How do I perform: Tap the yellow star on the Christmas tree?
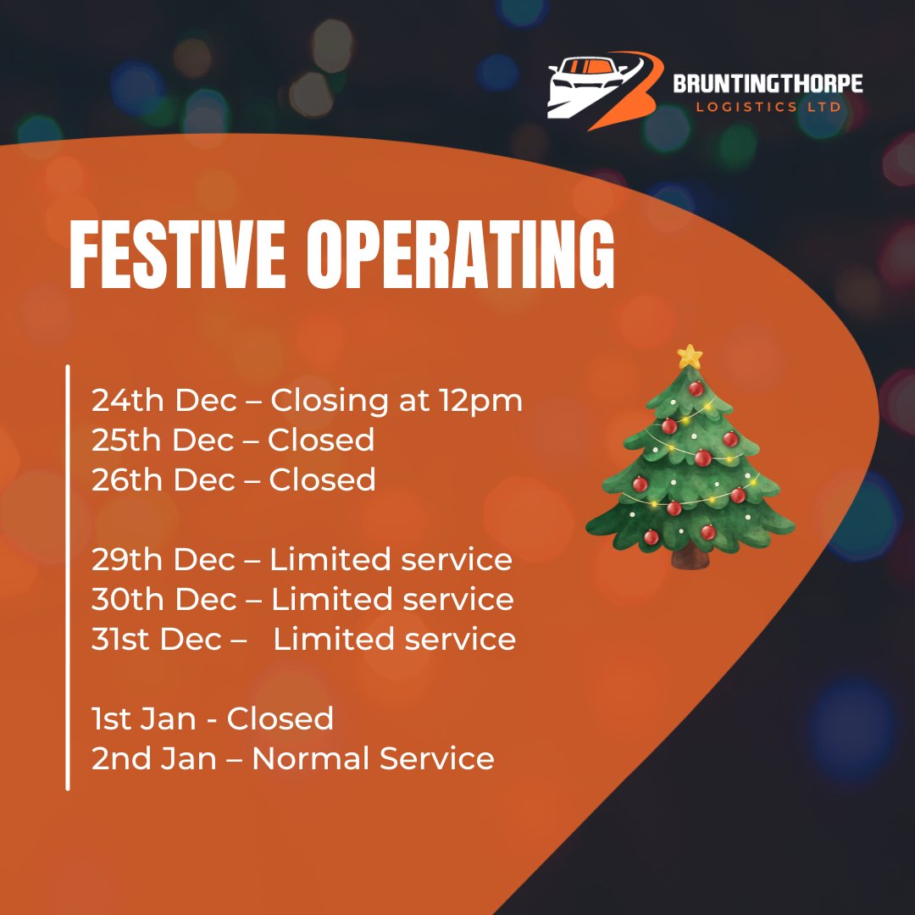(690, 356)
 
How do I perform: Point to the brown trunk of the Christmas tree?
(691, 558)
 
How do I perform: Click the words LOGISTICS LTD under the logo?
(767, 108)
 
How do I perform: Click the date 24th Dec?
(164, 401)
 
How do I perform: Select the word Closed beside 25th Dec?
(321, 441)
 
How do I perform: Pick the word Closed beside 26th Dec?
(322, 480)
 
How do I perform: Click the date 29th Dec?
(164, 560)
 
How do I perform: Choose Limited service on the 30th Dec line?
(392, 600)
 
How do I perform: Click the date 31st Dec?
(157, 640)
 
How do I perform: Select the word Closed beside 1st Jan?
(280, 719)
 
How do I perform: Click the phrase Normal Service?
(373, 759)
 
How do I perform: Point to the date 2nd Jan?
(154, 759)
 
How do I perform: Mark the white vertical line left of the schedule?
(68, 576)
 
